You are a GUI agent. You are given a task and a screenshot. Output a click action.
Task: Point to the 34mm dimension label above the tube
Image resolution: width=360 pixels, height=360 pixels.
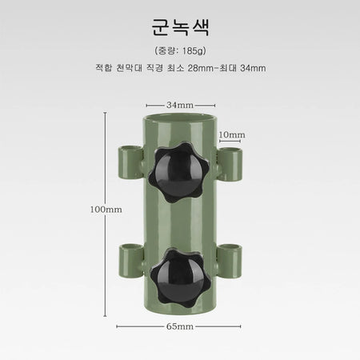(x=180, y=105)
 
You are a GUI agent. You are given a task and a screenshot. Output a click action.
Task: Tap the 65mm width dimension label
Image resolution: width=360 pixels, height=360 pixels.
(x=180, y=326)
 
